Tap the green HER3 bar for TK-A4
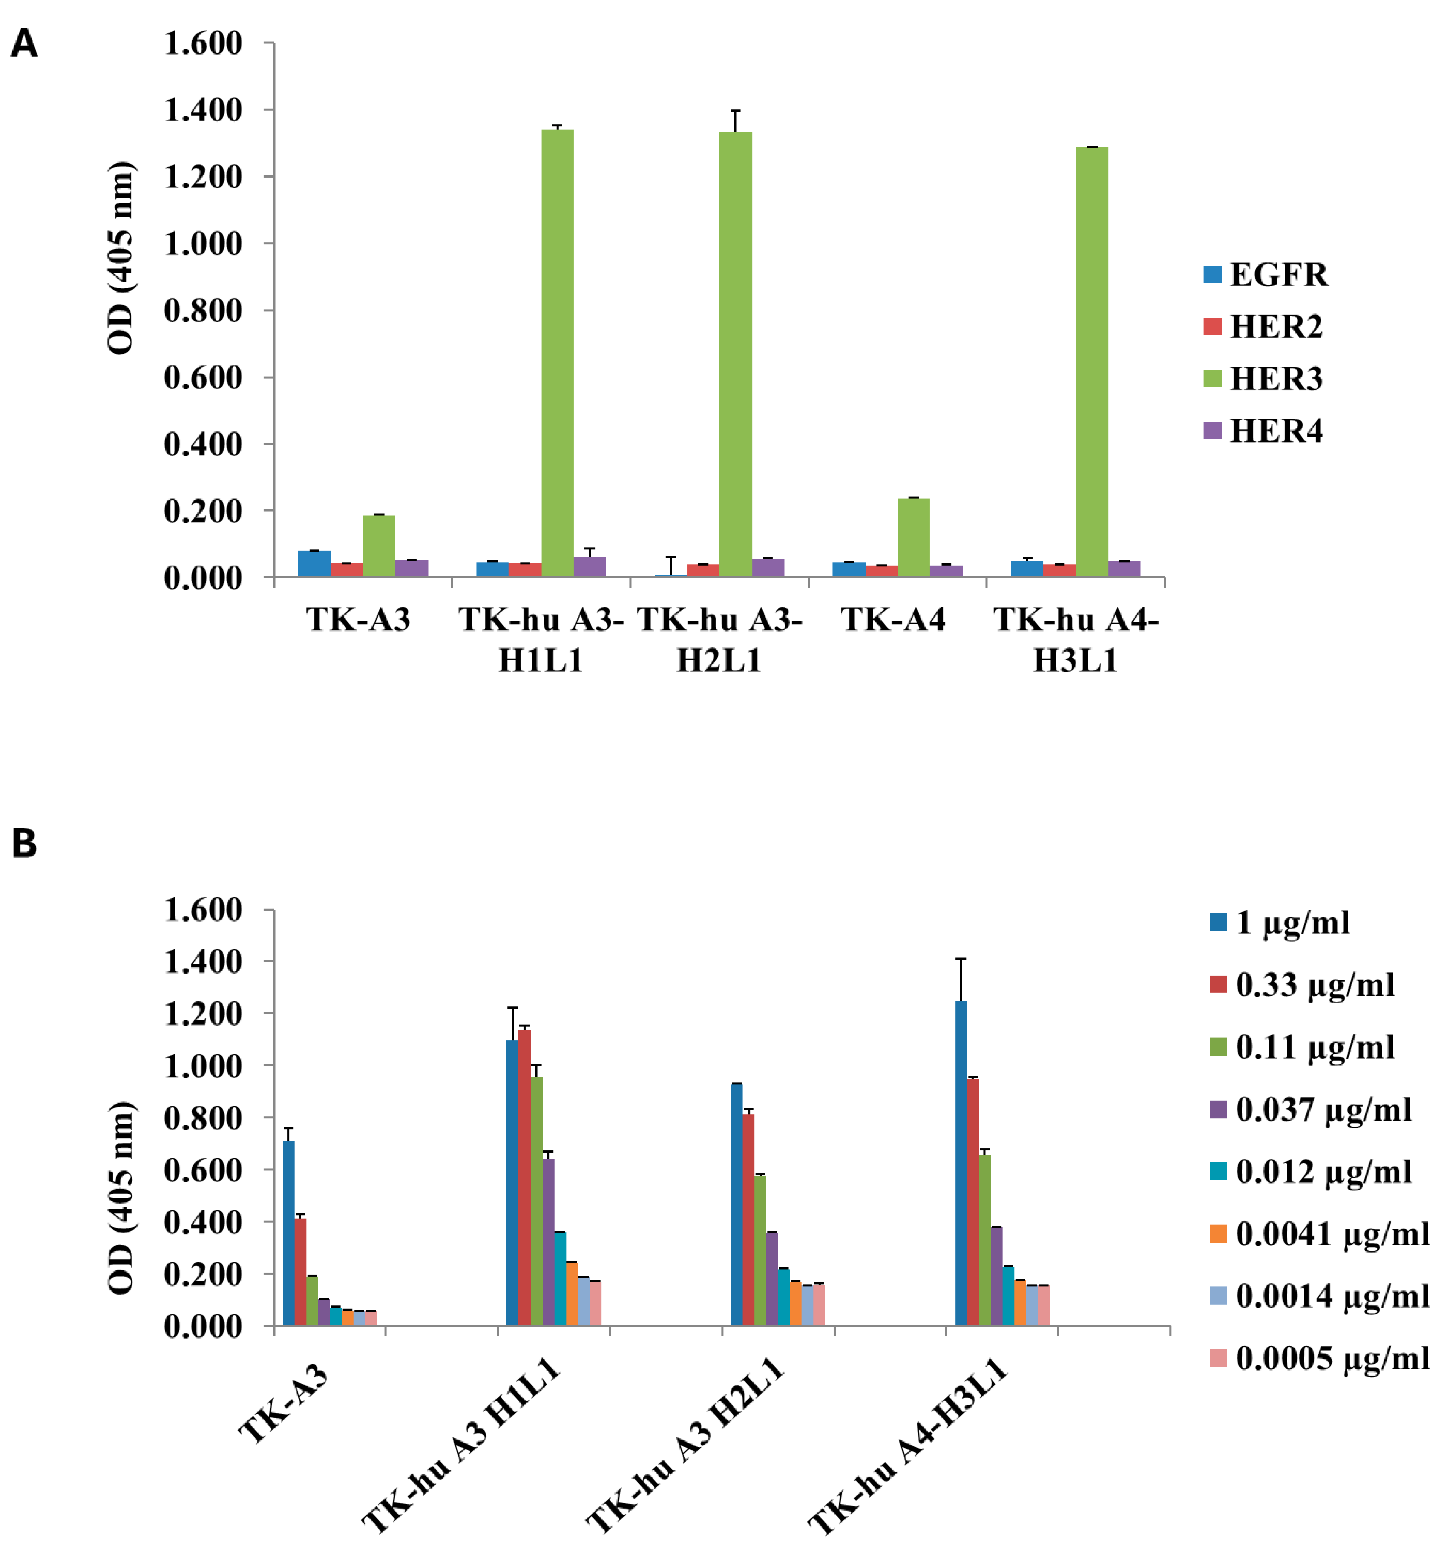tap(914, 538)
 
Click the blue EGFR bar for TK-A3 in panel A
tap(314, 563)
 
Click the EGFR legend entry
tap(1265, 275)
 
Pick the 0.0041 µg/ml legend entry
tap(1320, 1234)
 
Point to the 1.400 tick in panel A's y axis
tap(203, 110)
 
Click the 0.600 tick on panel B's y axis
tap(203, 1170)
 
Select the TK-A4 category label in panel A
tap(892, 620)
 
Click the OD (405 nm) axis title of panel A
tap(121, 258)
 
